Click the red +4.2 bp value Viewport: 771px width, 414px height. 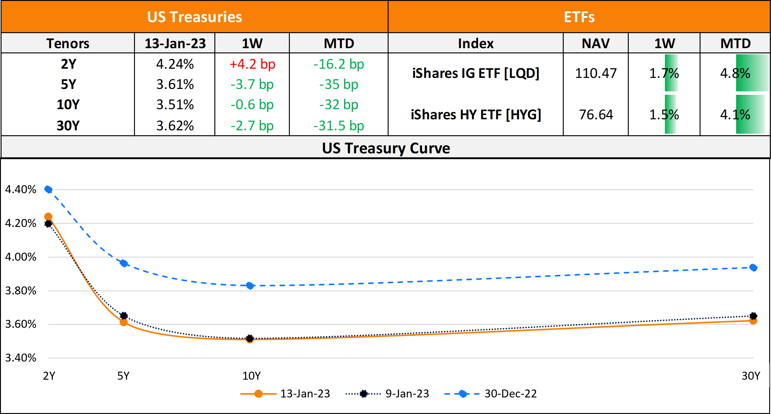tap(252, 64)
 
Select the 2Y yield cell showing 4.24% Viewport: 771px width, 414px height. tap(175, 64)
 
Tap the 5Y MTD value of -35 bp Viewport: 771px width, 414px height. tap(339, 85)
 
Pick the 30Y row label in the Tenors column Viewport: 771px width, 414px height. tap(68, 126)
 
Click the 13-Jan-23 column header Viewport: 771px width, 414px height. tap(175, 43)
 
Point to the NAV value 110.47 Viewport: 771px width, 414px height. tap(596, 73)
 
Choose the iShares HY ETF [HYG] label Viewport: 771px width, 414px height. tap(476, 115)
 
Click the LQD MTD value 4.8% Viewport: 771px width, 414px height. tap(735, 73)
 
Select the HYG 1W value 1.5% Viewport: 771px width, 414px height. tap(664, 115)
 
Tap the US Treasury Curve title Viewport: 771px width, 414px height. tap(386, 148)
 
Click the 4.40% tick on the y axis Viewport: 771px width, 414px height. tap(21, 190)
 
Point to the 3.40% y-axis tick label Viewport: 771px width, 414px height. tap(21, 358)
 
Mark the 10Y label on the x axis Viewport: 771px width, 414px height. tap(251, 376)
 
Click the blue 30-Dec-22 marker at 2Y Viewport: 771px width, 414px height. tap(48, 189)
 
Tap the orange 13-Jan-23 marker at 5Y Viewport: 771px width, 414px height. tap(124, 322)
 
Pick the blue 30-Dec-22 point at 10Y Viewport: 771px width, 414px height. tap(250, 286)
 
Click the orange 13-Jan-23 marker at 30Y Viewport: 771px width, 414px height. tap(753, 321)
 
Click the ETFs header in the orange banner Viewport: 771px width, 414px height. tap(579, 17)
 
